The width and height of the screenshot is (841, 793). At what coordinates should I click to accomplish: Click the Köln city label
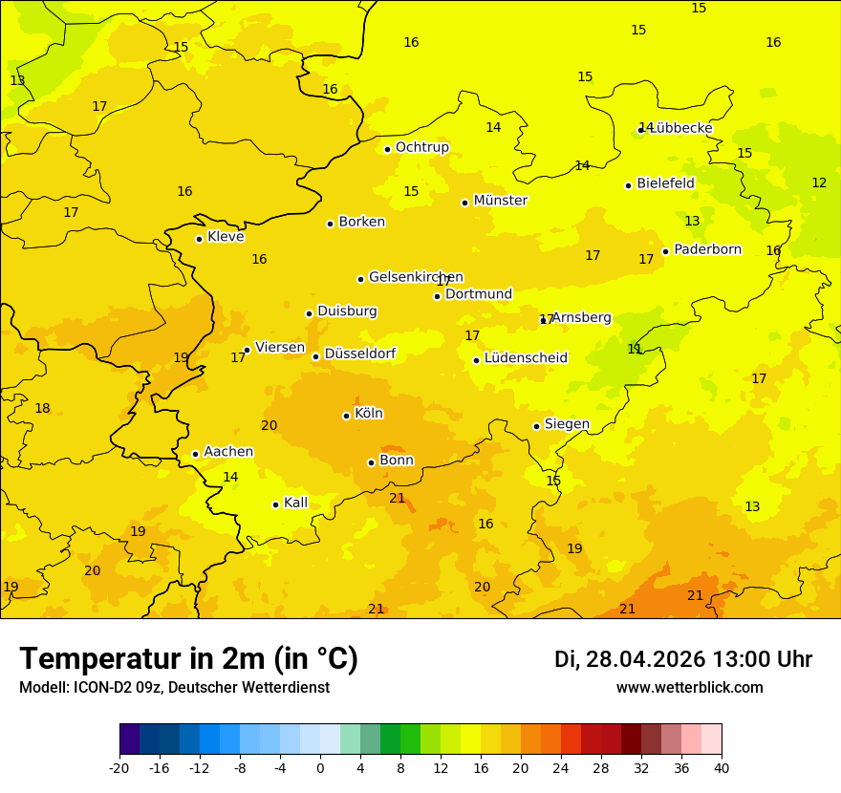pos(369,414)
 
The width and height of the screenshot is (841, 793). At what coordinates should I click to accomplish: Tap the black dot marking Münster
pos(464,203)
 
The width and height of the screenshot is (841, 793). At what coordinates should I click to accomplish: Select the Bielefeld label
pos(665,182)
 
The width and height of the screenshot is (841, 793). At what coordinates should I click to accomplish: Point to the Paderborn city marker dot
pos(665,252)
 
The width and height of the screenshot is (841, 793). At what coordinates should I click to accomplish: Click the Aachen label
pos(228,452)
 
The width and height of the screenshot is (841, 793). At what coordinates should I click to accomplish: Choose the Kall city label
pos(295,503)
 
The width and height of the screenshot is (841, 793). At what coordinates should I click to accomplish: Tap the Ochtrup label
pos(421,147)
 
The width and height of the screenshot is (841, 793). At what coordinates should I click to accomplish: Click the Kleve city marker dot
pos(199,239)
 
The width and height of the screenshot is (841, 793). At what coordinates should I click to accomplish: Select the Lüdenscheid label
pos(526,358)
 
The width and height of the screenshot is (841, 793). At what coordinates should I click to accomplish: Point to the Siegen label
pos(567,424)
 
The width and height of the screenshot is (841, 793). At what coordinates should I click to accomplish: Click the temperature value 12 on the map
pos(819,182)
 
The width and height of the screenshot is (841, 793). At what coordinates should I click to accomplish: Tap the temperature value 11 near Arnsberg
pos(635,349)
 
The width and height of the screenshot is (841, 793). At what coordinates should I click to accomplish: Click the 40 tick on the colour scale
pos(722,767)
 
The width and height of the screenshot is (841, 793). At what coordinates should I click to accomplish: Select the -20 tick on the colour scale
pos(119,767)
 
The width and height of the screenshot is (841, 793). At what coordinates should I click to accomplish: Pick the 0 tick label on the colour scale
pos(320,767)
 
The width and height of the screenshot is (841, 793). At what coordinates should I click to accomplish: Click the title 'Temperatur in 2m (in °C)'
pos(188,659)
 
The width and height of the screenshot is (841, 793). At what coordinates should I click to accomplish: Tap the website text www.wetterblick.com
pos(689,688)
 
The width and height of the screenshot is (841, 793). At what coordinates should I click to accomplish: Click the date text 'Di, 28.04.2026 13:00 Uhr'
pos(683,659)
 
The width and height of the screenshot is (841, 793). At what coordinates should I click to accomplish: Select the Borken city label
pos(361,222)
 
